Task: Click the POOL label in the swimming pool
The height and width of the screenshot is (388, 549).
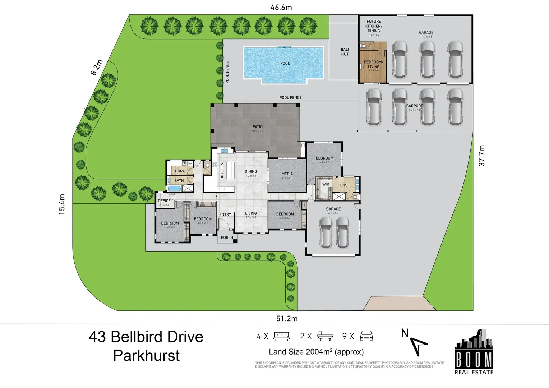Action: point(285,63)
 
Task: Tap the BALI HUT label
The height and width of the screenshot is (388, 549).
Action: point(345,52)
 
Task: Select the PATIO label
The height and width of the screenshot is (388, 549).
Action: point(258,127)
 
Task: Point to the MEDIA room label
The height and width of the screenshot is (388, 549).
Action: point(287,174)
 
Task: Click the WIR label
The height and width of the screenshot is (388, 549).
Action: point(326,184)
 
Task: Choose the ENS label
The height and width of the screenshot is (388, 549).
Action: point(344,185)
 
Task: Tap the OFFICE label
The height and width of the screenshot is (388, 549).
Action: point(164,201)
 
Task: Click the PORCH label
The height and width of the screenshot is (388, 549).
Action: point(227,237)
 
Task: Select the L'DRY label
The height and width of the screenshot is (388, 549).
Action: point(180,171)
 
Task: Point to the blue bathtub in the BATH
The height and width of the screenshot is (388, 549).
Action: point(175,188)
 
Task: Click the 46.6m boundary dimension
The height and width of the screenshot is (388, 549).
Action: point(281,7)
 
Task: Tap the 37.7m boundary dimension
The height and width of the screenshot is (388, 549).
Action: point(482,156)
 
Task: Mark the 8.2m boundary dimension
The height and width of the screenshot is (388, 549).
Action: point(97,67)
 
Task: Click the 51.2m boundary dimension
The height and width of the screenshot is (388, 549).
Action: point(287,319)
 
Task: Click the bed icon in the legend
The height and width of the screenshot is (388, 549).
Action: point(282,336)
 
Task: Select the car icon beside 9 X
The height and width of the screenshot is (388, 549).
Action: point(366,336)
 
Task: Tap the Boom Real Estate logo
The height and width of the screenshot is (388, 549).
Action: point(474,352)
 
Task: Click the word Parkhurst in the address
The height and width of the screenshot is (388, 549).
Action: point(146,356)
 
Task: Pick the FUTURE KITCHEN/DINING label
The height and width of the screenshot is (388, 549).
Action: point(374,26)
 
